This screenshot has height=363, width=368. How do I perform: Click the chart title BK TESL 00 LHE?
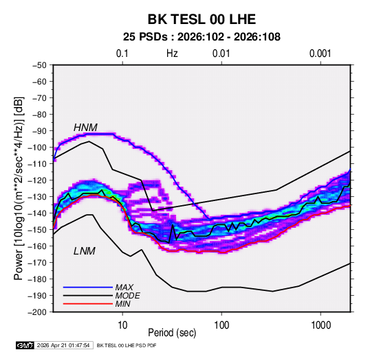[x=202, y=19]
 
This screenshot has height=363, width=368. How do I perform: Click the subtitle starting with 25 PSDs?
[x=202, y=37]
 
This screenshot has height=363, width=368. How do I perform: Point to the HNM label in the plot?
[x=85, y=128]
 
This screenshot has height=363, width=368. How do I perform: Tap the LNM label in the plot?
[x=85, y=251]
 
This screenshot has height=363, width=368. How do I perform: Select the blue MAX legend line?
[x=88, y=288]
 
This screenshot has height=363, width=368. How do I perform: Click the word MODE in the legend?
[x=128, y=296]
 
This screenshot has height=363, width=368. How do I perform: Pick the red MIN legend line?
[x=88, y=304]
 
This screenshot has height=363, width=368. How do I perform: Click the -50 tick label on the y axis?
[x=39, y=65]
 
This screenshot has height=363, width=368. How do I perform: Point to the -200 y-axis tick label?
[x=37, y=312]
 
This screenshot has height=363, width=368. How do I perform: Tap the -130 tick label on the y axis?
[x=37, y=197]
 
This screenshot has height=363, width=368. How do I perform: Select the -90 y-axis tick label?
[x=39, y=131]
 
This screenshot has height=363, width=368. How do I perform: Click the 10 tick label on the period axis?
[x=122, y=325]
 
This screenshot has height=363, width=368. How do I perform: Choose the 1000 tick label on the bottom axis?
[x=321, y=325]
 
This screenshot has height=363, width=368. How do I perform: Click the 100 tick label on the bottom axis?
[x=221, y=325]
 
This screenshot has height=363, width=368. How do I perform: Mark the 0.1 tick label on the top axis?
[x=122, y=54]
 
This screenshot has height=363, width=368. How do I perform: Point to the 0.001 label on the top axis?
[x=320, y=54]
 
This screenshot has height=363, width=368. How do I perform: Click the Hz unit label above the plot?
[x=172, y=54]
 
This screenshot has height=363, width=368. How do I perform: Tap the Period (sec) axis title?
[x=172, y=333]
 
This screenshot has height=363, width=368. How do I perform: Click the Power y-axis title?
[x=19, y=189]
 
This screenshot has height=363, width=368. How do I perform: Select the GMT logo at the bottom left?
[x=25, y=345]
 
